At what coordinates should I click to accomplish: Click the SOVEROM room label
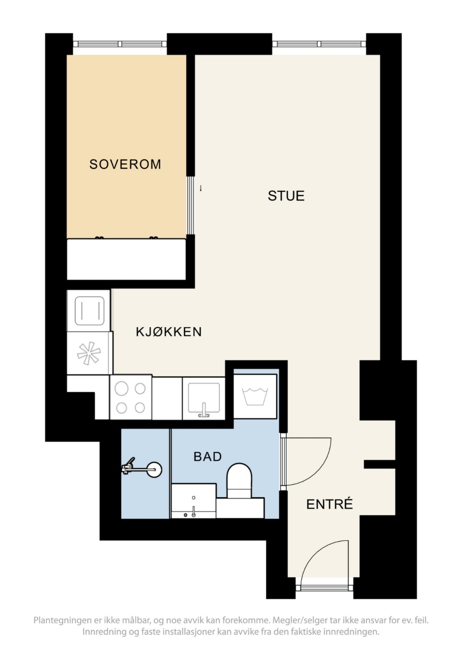125,164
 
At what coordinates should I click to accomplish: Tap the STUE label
286,196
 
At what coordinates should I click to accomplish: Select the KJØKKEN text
169,332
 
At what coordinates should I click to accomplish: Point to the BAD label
207,456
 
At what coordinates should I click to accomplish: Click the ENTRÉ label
329,504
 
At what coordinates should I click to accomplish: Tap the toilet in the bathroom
239,481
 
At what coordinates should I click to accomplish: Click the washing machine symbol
255,396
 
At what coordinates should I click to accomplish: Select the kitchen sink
204,399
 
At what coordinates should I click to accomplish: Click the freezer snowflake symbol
89,353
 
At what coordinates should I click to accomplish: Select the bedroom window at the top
119,44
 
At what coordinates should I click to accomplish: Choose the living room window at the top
319,44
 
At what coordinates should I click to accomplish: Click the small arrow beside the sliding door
201,189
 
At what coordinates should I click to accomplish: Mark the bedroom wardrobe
126,259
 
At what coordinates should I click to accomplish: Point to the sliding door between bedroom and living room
191,205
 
